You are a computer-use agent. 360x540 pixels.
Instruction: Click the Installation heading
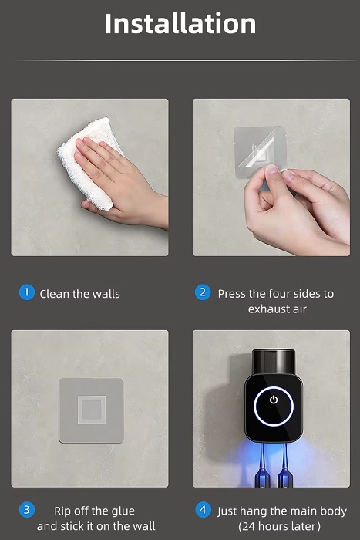pos(180,23)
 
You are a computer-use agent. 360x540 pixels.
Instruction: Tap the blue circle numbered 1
pos(26,292)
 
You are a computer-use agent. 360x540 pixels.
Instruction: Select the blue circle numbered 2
pos(203,292)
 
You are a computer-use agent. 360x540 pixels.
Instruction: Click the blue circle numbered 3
pos(26,510)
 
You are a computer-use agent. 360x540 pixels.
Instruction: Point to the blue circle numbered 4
pos(203,510)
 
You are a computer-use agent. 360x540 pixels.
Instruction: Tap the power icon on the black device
pos(274,400)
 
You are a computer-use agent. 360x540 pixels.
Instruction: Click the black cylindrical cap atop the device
pos(274,361)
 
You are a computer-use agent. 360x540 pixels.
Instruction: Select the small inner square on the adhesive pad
pos(91,410)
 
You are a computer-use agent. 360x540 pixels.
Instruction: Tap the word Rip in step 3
pos(62,511)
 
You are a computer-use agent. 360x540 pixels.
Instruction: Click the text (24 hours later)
pos(279,526)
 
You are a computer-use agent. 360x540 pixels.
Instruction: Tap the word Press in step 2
pos(231,294)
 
